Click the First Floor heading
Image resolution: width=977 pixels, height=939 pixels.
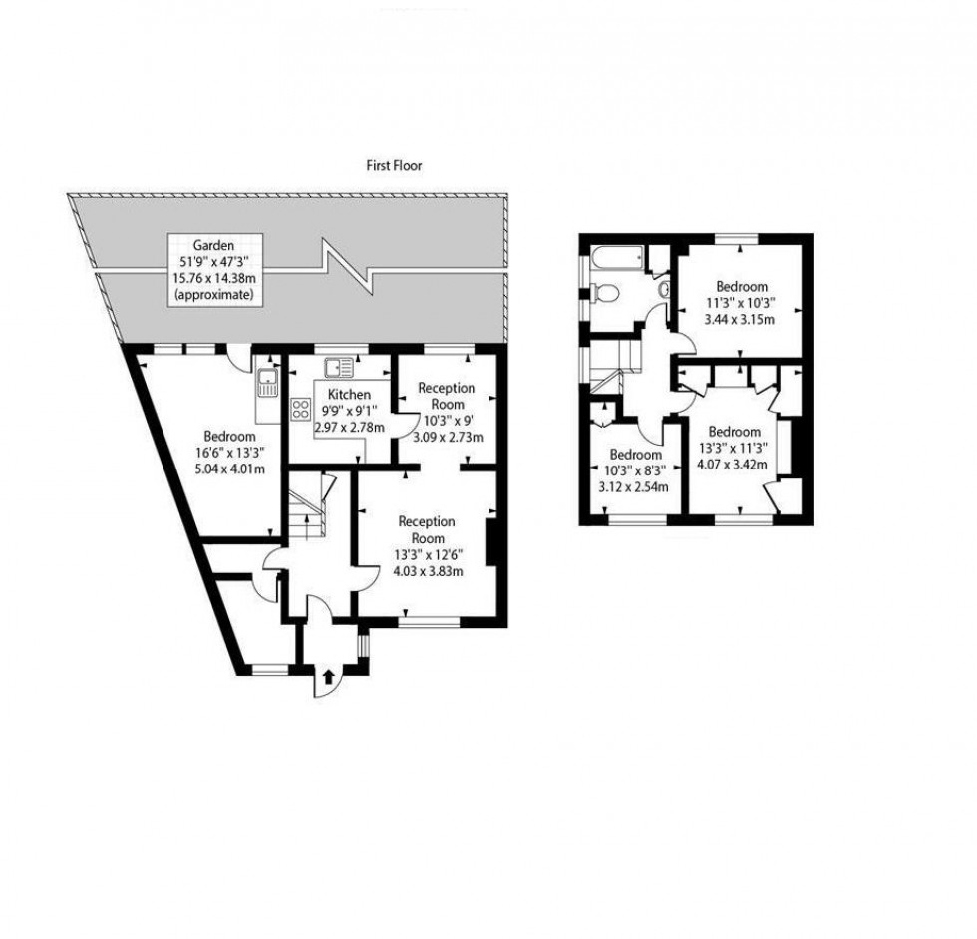(394, 166)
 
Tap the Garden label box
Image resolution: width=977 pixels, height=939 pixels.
(215, 270)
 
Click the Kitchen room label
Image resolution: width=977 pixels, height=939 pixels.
(349, 394)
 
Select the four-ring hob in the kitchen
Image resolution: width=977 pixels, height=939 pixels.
(301, 408)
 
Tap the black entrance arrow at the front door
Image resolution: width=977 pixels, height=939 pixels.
(328, 677)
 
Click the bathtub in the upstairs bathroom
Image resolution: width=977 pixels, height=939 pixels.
(616, 258)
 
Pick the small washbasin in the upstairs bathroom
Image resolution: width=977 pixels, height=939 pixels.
(664, 289)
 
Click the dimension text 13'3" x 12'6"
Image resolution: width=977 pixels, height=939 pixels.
(429, 555)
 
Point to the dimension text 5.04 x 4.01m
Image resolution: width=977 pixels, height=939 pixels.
(230, 469)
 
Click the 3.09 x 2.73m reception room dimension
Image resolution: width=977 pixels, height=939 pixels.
(448, 437)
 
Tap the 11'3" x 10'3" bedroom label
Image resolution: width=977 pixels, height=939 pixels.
(740, 303)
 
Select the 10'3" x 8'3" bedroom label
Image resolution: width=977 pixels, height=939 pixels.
(634, 470)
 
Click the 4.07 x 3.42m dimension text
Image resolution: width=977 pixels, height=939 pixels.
(732, 465)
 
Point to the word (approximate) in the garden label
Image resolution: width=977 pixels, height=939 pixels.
(215, 295)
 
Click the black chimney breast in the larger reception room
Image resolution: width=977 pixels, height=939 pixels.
(490, 542)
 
